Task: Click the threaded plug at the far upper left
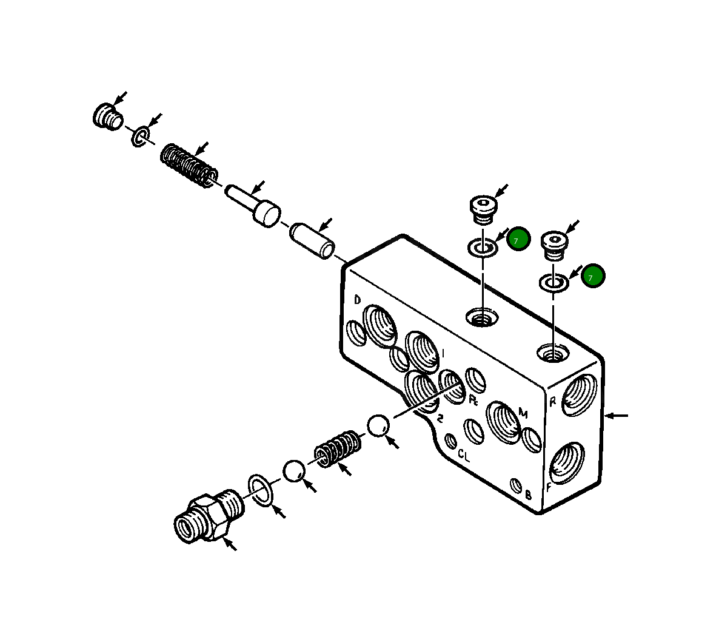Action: coord(108,116)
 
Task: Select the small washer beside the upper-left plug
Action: coord(140,137)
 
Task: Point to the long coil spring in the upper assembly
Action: coord(189,164)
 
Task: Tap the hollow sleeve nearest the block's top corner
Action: coord(312,240)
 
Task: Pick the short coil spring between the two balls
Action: coord(337,449)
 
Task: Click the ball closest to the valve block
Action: coord(378,425)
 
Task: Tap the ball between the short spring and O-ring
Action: coord(294,471)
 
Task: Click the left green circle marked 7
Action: coord(518,239)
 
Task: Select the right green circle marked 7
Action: coord(593,276)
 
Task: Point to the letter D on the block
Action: coord(358,300)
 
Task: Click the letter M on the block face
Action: coord(523,414)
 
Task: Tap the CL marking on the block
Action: coord(464,455)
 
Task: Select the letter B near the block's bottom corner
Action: coord(528,495)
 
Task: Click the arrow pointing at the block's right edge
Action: coord(617,416)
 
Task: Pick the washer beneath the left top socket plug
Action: coord(483,247)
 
